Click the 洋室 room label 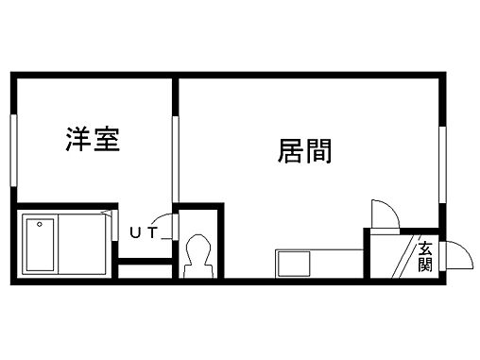pyautogui.click(x=92, y=141)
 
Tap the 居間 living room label pyautogui.click(x=304, y=150)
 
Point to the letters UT pyautogui.click(x=143, y=230)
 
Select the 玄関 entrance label pyautogui.click(x=426, y=256)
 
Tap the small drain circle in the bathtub pyautogui.click(x=40, y=225)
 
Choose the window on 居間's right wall pyautogui.click(x=441, y=166)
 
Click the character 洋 pyautogui.click(x=77, y=141)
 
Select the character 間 pyautogui.click(x=318, y=150)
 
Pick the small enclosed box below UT pyautogui.click(x=144, y=271)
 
